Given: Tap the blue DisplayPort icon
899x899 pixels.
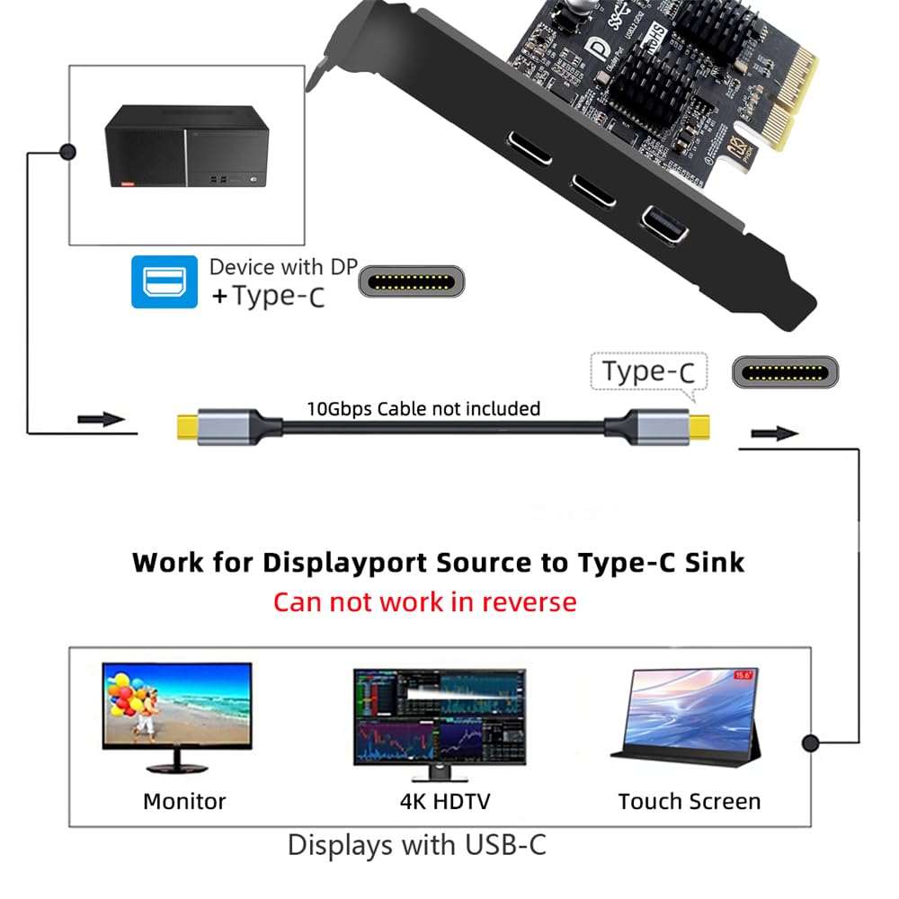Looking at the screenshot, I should (x=165, y=281).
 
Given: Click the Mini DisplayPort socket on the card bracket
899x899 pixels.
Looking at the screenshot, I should (x=664, y=225).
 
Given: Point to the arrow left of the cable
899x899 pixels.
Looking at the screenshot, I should (x=101, y=420).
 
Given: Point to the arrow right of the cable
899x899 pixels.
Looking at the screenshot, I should (x=775, y=433).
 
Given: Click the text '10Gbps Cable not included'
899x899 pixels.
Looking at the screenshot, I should (x=423, y=409).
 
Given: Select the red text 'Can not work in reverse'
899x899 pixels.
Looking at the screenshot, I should (x=424, y=601).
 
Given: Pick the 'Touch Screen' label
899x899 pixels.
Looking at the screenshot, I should (x=689, y=801).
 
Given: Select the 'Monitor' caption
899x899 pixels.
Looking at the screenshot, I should (x=184, y=801).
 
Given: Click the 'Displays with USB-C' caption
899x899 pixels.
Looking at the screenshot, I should (x=416, y=845).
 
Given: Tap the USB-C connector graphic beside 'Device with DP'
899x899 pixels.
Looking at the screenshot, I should (x=413, y=281).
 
